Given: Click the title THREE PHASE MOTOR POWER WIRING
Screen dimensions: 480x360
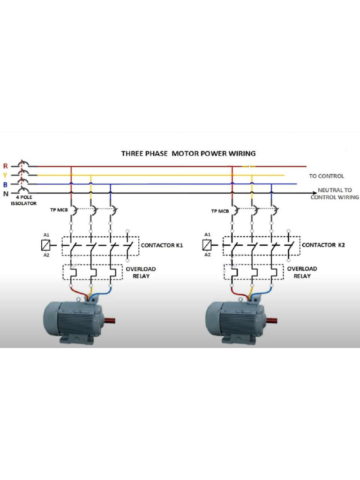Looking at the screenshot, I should [x=188, y=153].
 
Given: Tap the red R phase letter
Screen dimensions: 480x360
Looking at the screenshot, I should [x=5, y=166].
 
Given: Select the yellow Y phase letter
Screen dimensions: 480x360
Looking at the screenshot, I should [x=5, y=175].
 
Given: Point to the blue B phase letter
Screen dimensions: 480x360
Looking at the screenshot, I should [x=5, y=184].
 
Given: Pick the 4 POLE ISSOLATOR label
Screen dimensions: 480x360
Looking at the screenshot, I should [x=23, y=201].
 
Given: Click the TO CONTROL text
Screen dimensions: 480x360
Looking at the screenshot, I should [x=326, y=176].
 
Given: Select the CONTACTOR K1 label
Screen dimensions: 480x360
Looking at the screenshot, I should [x=162, y=245].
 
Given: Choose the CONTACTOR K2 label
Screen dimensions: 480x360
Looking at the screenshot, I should [x=322, y=245].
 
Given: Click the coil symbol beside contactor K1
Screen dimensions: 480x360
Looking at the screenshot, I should [x=46, y=245].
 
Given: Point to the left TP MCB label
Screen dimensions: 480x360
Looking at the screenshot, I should [x=59, y=210].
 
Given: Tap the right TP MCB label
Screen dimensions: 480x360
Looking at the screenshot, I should [x=220, y=211].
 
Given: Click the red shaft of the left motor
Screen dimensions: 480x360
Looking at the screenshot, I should [x=110, y=321].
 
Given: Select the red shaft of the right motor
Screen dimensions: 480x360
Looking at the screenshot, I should [x=271, y=321].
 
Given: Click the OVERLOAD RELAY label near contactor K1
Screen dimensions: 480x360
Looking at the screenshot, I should [x=141, y=272].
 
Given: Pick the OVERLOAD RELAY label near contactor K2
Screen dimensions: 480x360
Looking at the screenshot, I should [x=302, y=272].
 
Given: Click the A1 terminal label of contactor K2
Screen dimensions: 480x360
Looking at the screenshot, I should [x=207, y=234].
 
